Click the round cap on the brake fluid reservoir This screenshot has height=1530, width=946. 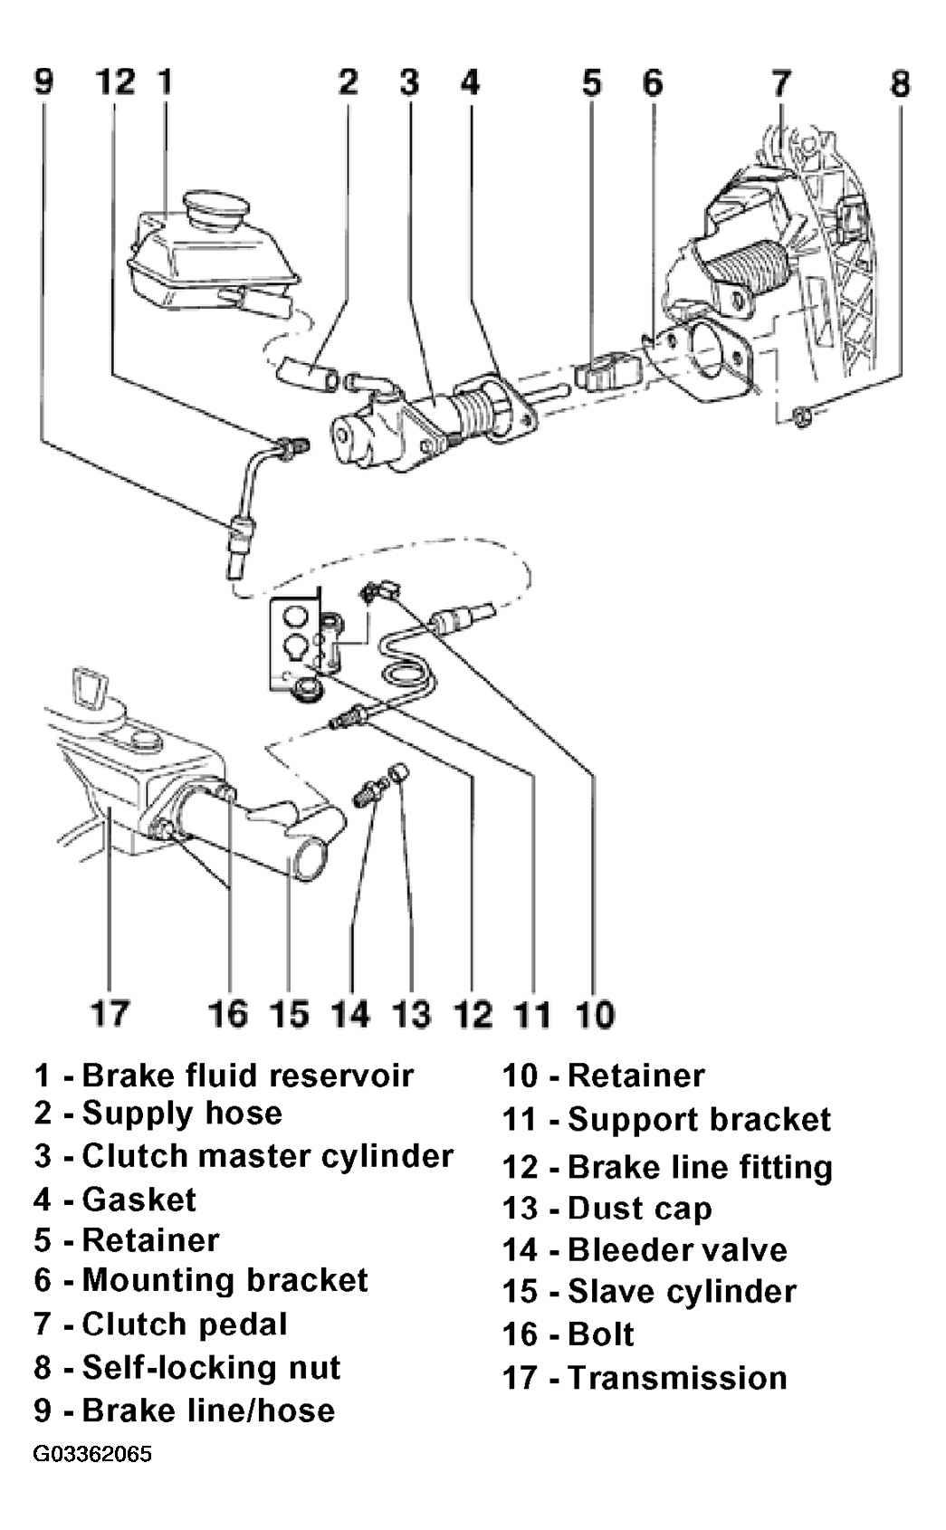click(x=216, y=209)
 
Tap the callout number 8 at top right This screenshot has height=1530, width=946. click(x=900, y=82)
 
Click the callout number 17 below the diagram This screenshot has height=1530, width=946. click(x=110, y=1013)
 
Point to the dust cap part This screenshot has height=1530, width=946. click(x=398, y=774)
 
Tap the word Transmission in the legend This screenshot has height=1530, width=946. click(x=677, y=1378)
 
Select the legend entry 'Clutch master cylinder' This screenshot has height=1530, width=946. click(x=244, y=1156)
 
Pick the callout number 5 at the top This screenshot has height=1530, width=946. click(x=591, y=82)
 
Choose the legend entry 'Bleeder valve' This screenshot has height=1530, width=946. click(x=645, y=1249)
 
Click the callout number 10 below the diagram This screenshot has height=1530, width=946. click(x=595, y=1013)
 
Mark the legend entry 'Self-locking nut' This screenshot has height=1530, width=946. click(x=186, y=1368)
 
